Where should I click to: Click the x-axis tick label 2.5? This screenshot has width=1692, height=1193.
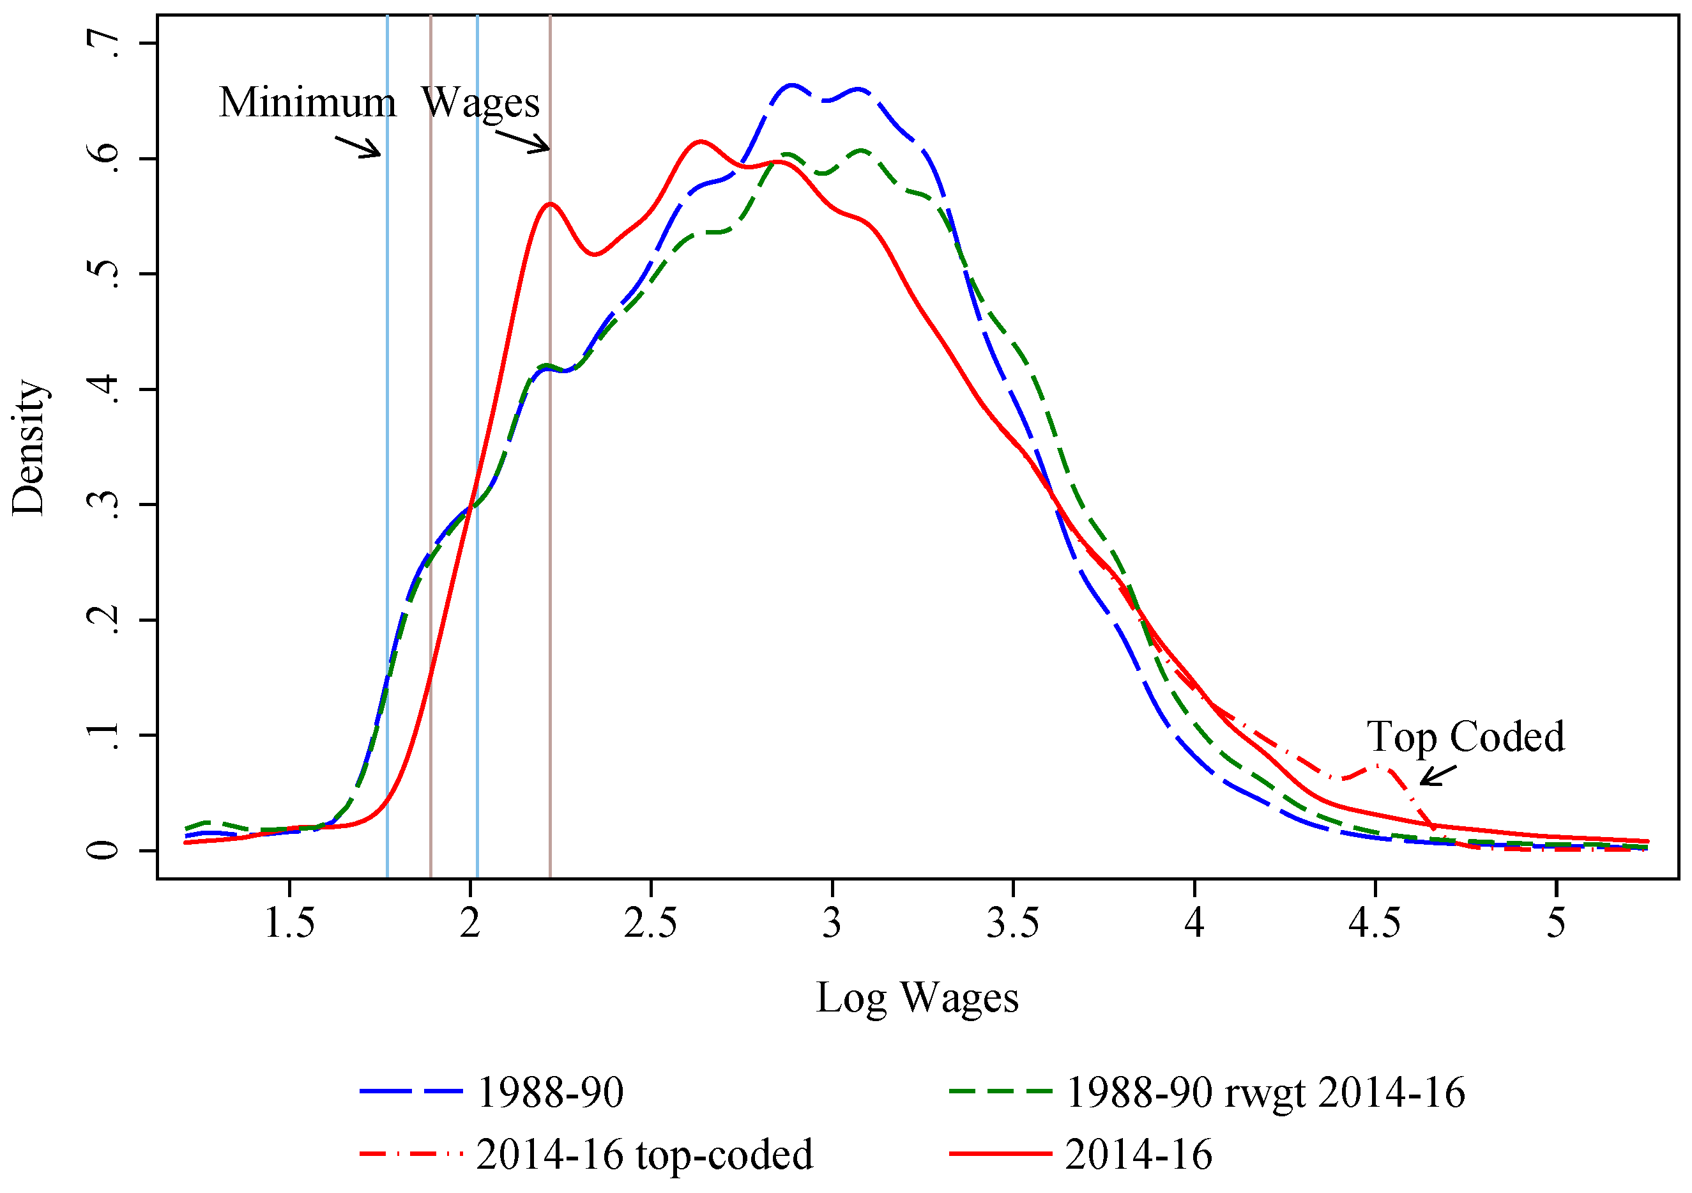[650, 923]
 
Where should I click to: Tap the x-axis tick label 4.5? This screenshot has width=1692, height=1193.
[1375, 923]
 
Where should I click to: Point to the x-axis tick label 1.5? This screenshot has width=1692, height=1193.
[289, 923]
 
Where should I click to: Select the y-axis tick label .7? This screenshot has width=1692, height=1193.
[103, 44]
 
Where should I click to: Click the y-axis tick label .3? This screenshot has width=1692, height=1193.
[103, 505]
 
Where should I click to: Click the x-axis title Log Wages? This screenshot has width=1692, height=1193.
[917, 999]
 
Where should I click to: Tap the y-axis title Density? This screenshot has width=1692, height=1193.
[29, 447]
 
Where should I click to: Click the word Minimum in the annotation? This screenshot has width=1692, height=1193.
[307, 102]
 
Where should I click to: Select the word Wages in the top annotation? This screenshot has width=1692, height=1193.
[480, 102]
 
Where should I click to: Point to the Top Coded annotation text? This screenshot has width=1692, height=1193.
[1466, 737]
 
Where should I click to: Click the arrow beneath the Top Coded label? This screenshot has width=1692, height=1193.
[1438, 776]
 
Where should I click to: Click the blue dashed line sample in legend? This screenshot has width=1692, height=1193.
[411, 1092]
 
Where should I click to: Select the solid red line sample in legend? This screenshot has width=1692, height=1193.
[1000, 1154]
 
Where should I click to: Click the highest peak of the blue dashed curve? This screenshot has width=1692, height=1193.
[791, 86]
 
